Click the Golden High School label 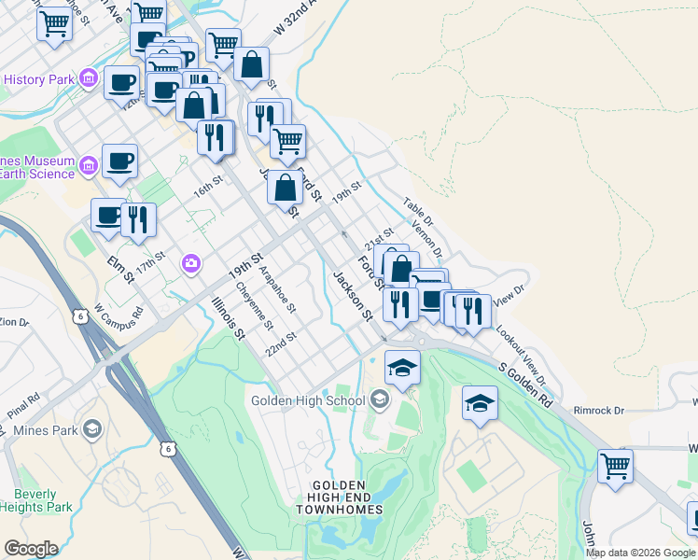coord(308,401)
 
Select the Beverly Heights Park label coord(43,500)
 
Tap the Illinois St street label coord(228,318)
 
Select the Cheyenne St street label coord(254,307)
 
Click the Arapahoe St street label coord(277,290)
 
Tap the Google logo coord(31,549)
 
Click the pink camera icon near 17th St coord(191,264)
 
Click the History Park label coord(38,80)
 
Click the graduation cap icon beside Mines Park coord(91,428)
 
